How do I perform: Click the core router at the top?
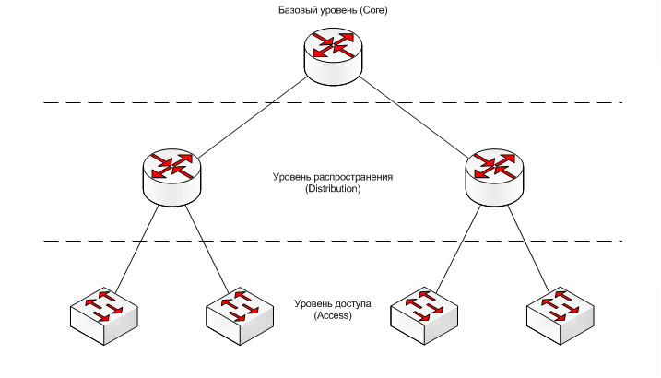click(333, 55)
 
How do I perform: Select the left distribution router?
click(171, 177)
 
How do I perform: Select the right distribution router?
click(494, 177)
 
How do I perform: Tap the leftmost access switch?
click(103, 316)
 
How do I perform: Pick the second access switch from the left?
click(240, 316)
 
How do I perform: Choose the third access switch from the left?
click(424, 316)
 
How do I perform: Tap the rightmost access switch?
click(561, 316)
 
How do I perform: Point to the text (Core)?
click(374, 10)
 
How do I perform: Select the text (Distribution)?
click(333, 189)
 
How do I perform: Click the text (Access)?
click(333, 315)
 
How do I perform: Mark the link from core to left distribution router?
click(252, 118)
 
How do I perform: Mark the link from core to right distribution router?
click(414, 118)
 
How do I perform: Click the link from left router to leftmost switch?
click(136, 249)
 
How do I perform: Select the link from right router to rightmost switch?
click(528, 249)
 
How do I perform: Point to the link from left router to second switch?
click(207, 249)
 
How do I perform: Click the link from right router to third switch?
click(459, 249)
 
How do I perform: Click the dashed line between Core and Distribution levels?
click(333, 102)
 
